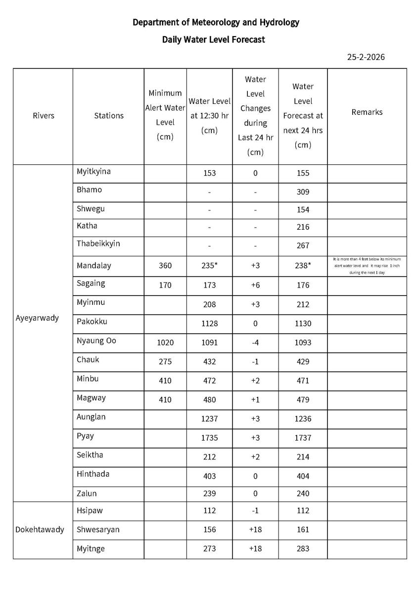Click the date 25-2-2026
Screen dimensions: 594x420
[366, 57]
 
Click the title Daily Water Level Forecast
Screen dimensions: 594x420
[213, 40]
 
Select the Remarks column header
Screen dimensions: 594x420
[367, 112]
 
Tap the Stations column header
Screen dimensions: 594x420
[109, 115]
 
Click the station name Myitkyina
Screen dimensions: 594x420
[93, 171]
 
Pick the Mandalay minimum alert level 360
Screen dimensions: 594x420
[165, 266]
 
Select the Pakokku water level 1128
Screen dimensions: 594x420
[209, 323]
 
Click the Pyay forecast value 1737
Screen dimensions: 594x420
[303, 438]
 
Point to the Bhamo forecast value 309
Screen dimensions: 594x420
[303, 192]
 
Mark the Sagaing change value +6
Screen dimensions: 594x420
[255, 285]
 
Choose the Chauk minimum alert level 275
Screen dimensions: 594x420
[165, 362]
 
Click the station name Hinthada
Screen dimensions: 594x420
[93, 474]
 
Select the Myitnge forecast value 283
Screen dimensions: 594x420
[303, 548]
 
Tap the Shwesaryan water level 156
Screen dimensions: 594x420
[209, 530]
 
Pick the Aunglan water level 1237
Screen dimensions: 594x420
[209, 419]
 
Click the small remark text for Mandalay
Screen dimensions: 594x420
[367, 266]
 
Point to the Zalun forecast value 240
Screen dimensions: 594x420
[303, 494]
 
